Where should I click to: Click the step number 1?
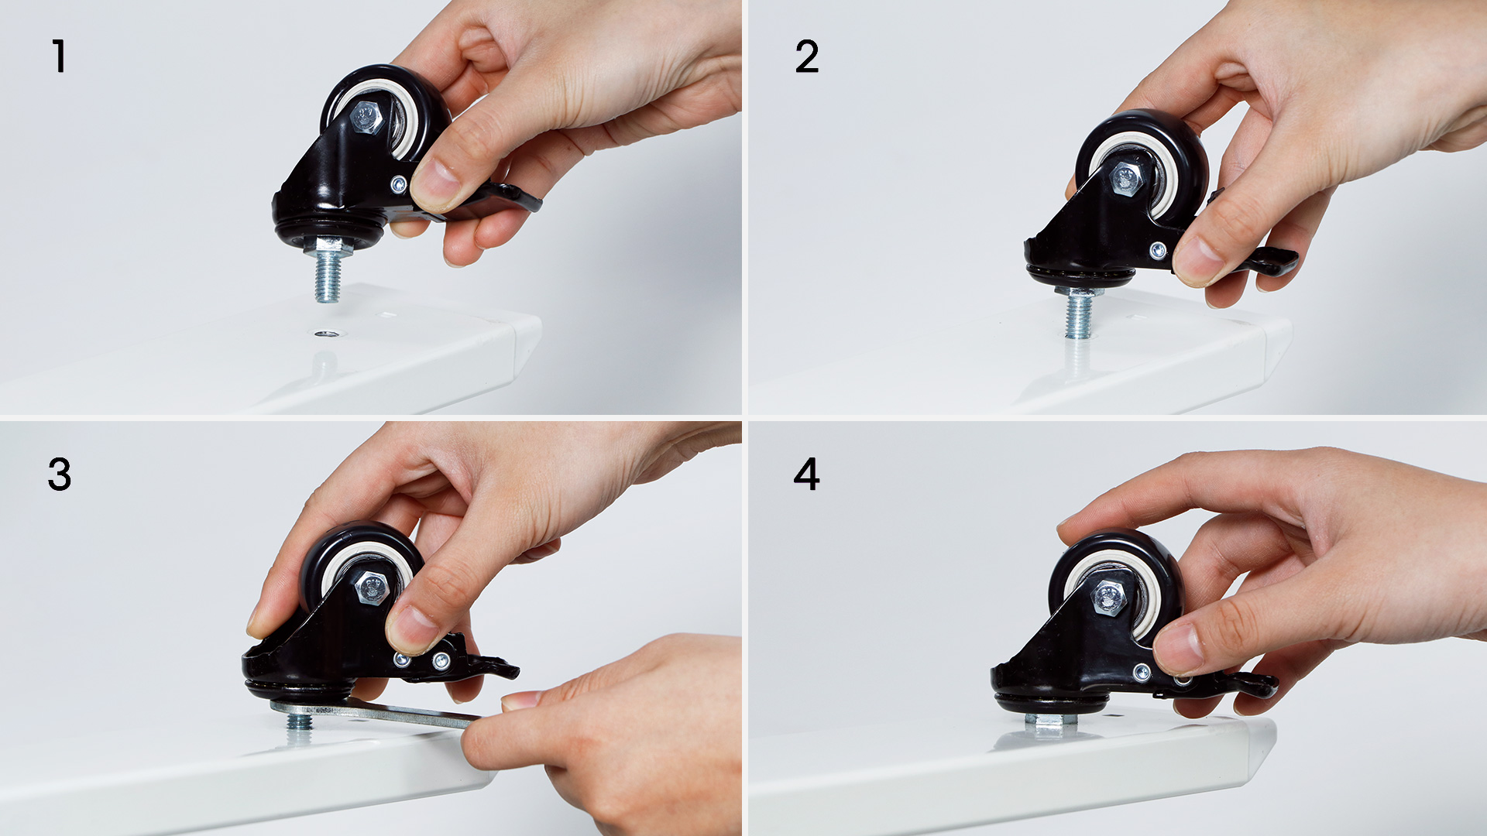(x=59, y=57)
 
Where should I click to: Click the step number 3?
(x=60, y=475)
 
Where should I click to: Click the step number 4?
(x=806, y=475)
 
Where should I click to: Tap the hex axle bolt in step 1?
(x=366, y=118)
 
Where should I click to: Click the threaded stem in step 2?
(x=1078, y=314)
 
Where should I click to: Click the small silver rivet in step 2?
(x=1158, y=249)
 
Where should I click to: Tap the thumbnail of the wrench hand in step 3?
(x=520, y=701)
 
